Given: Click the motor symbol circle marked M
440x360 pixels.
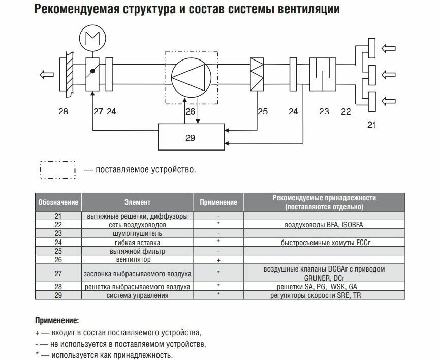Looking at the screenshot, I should pos(92,40).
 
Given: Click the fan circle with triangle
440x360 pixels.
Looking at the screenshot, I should pos(191,78).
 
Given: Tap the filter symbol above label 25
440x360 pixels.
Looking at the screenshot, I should pos(257,74).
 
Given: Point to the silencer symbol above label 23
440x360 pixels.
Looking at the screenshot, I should pos(320,74).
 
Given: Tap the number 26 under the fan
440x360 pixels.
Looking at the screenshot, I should pos(190,110).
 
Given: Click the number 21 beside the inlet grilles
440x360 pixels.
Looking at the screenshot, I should pos(372,125).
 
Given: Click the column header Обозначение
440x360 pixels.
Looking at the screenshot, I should pos(58,202).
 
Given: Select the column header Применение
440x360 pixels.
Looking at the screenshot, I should pos(218,202).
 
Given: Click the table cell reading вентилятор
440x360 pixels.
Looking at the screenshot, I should pos(137,260).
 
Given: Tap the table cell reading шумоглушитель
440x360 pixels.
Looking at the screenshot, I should pos(137,233).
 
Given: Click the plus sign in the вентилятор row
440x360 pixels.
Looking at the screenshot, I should pos(218,260).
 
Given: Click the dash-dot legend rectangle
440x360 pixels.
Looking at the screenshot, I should pos(57,170).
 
